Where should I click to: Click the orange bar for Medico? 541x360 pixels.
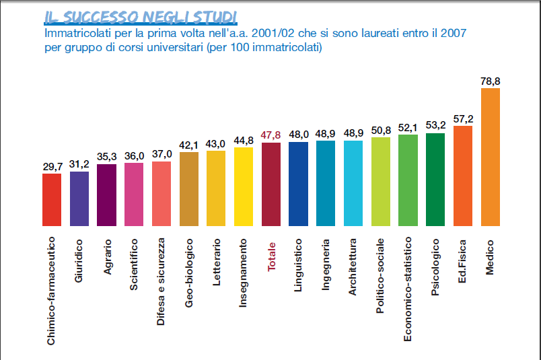coord(491,157)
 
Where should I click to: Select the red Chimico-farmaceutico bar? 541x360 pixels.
coord(52,199)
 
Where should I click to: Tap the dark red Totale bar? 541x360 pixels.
coord(271,184)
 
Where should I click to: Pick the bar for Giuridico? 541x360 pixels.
coord(79,199)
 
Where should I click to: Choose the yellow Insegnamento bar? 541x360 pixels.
coord(244,186)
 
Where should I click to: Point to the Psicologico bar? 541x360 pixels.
coord(435,179)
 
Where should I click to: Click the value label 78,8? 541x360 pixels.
coord(491,81)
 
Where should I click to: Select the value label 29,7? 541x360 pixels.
coord(52,166)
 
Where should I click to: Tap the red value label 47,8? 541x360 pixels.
coord(271,135)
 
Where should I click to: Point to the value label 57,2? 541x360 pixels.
coord(463,118)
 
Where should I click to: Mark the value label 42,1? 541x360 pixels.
coord(189,145)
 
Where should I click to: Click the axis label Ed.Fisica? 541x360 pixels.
coord(463,261)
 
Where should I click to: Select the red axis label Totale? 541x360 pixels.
coord(272,256)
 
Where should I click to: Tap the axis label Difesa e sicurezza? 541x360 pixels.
coord(161,281)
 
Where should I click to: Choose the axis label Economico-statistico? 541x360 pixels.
coord(408,290)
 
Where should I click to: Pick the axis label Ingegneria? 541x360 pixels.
coord(326,263)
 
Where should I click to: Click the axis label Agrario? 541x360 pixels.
coord(107,256)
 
